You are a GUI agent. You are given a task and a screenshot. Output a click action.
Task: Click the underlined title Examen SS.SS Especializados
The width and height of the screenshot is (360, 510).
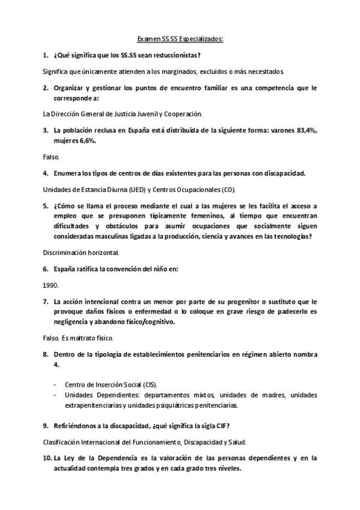[180, 39]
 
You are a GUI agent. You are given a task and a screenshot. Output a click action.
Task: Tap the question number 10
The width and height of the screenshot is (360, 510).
[47, 458]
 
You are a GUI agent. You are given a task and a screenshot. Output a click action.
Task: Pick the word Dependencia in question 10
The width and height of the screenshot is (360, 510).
[108, 458]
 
